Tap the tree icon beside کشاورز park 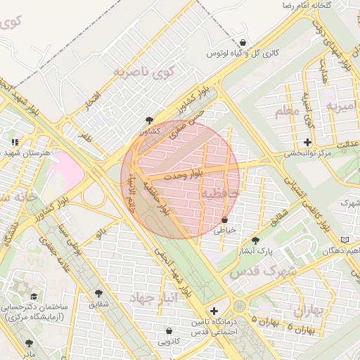click(148, 120)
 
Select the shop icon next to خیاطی click(224, 219)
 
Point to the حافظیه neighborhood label click(220, 192)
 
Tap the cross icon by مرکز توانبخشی click(308, 143)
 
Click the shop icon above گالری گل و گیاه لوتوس click(243, 43)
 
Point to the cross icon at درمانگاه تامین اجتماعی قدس click(214, 311)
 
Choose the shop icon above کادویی click(169, 331)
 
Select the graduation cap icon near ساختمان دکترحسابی click(33, 297)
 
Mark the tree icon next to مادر click(29, 343)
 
